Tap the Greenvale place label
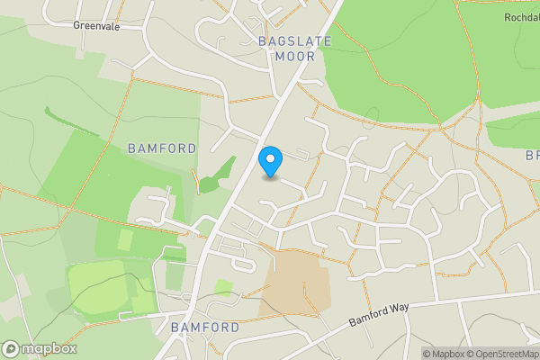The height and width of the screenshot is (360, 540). point(97,26)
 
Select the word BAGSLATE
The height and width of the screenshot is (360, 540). point(294,41)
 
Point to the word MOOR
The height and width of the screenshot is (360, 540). point(294,56)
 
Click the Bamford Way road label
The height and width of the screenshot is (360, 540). point(380,312)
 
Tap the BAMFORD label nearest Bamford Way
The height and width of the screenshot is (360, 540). point(206,327)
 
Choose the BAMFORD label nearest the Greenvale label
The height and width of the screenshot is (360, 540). point(162,148)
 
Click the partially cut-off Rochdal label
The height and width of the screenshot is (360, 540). point(521,17)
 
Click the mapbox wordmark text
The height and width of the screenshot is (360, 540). point(49,349)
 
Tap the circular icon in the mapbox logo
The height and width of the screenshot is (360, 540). point(11,349)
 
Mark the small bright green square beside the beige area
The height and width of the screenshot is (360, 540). point(223,288)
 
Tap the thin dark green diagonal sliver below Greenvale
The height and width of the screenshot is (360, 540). point(72,123)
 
